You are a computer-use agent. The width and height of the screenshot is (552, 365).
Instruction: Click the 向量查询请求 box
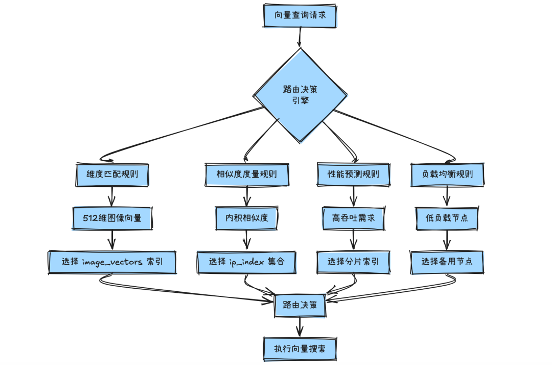[301, 15]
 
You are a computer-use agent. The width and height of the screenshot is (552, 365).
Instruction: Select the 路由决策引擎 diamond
[300, 95]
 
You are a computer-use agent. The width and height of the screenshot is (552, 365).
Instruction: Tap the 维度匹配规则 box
[112, 174]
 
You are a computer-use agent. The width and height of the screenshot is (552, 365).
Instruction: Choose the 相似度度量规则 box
[247, 174]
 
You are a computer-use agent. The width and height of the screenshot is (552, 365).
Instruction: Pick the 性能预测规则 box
[353, 174]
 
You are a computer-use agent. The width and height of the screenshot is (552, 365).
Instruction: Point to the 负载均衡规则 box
[448, 174]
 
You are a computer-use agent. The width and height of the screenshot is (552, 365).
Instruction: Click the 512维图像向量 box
[112, 218]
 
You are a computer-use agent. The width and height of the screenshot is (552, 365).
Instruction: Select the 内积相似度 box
[247, 218]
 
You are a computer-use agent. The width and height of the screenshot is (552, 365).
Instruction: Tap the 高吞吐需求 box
[353, 218]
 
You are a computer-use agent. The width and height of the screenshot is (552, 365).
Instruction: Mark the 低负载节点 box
[448, 218]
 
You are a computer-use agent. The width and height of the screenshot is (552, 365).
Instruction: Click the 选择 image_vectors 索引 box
[112, 262]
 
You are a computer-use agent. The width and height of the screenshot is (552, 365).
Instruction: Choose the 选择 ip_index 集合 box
[247, 262]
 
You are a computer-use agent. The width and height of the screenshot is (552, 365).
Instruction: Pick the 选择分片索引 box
[353, 262]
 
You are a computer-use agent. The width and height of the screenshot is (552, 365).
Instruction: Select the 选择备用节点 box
[448, 262]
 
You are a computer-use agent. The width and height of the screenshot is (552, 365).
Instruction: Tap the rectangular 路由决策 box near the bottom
[300, 305]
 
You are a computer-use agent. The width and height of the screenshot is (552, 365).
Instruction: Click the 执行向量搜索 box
[300, 349]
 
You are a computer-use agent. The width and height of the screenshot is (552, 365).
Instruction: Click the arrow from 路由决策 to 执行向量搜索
[300, 327]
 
